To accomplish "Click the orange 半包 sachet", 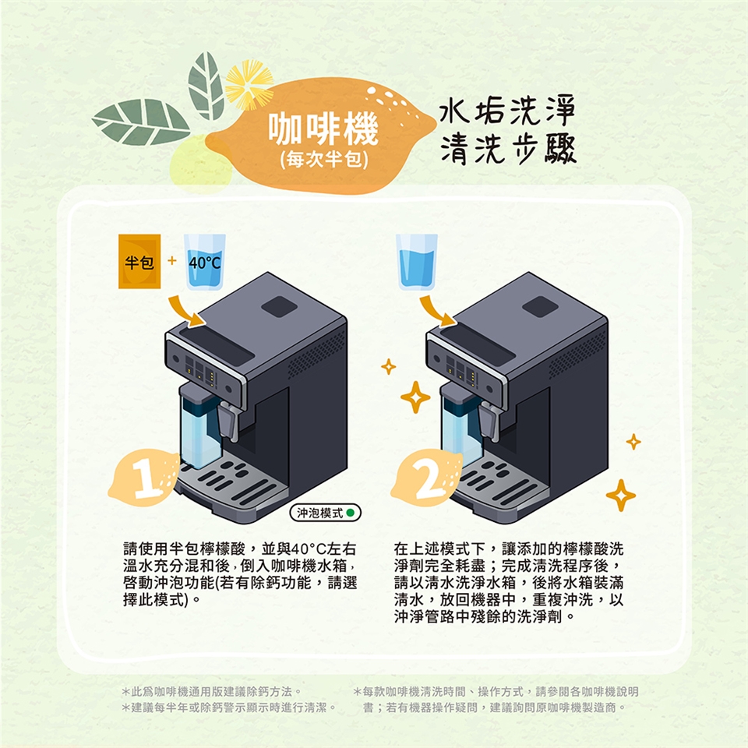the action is point(139,262).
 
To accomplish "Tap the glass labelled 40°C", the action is point(205,262).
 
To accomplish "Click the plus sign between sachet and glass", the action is point(171,260).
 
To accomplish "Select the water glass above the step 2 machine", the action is point(416,262).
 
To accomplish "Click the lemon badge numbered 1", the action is point(144,477).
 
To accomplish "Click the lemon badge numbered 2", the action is point(427,477).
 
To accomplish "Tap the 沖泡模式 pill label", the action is point(326,513).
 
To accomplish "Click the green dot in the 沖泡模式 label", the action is point(350,513).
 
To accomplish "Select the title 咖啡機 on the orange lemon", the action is point(323,129).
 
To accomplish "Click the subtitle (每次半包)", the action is point(324,160).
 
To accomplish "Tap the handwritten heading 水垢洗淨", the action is point(507,112).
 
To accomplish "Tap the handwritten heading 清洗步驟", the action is point(508,149).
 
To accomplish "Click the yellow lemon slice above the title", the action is point(249,84).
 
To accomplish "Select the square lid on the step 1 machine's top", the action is point(280,306).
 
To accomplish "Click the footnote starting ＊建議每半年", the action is point(229,707).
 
